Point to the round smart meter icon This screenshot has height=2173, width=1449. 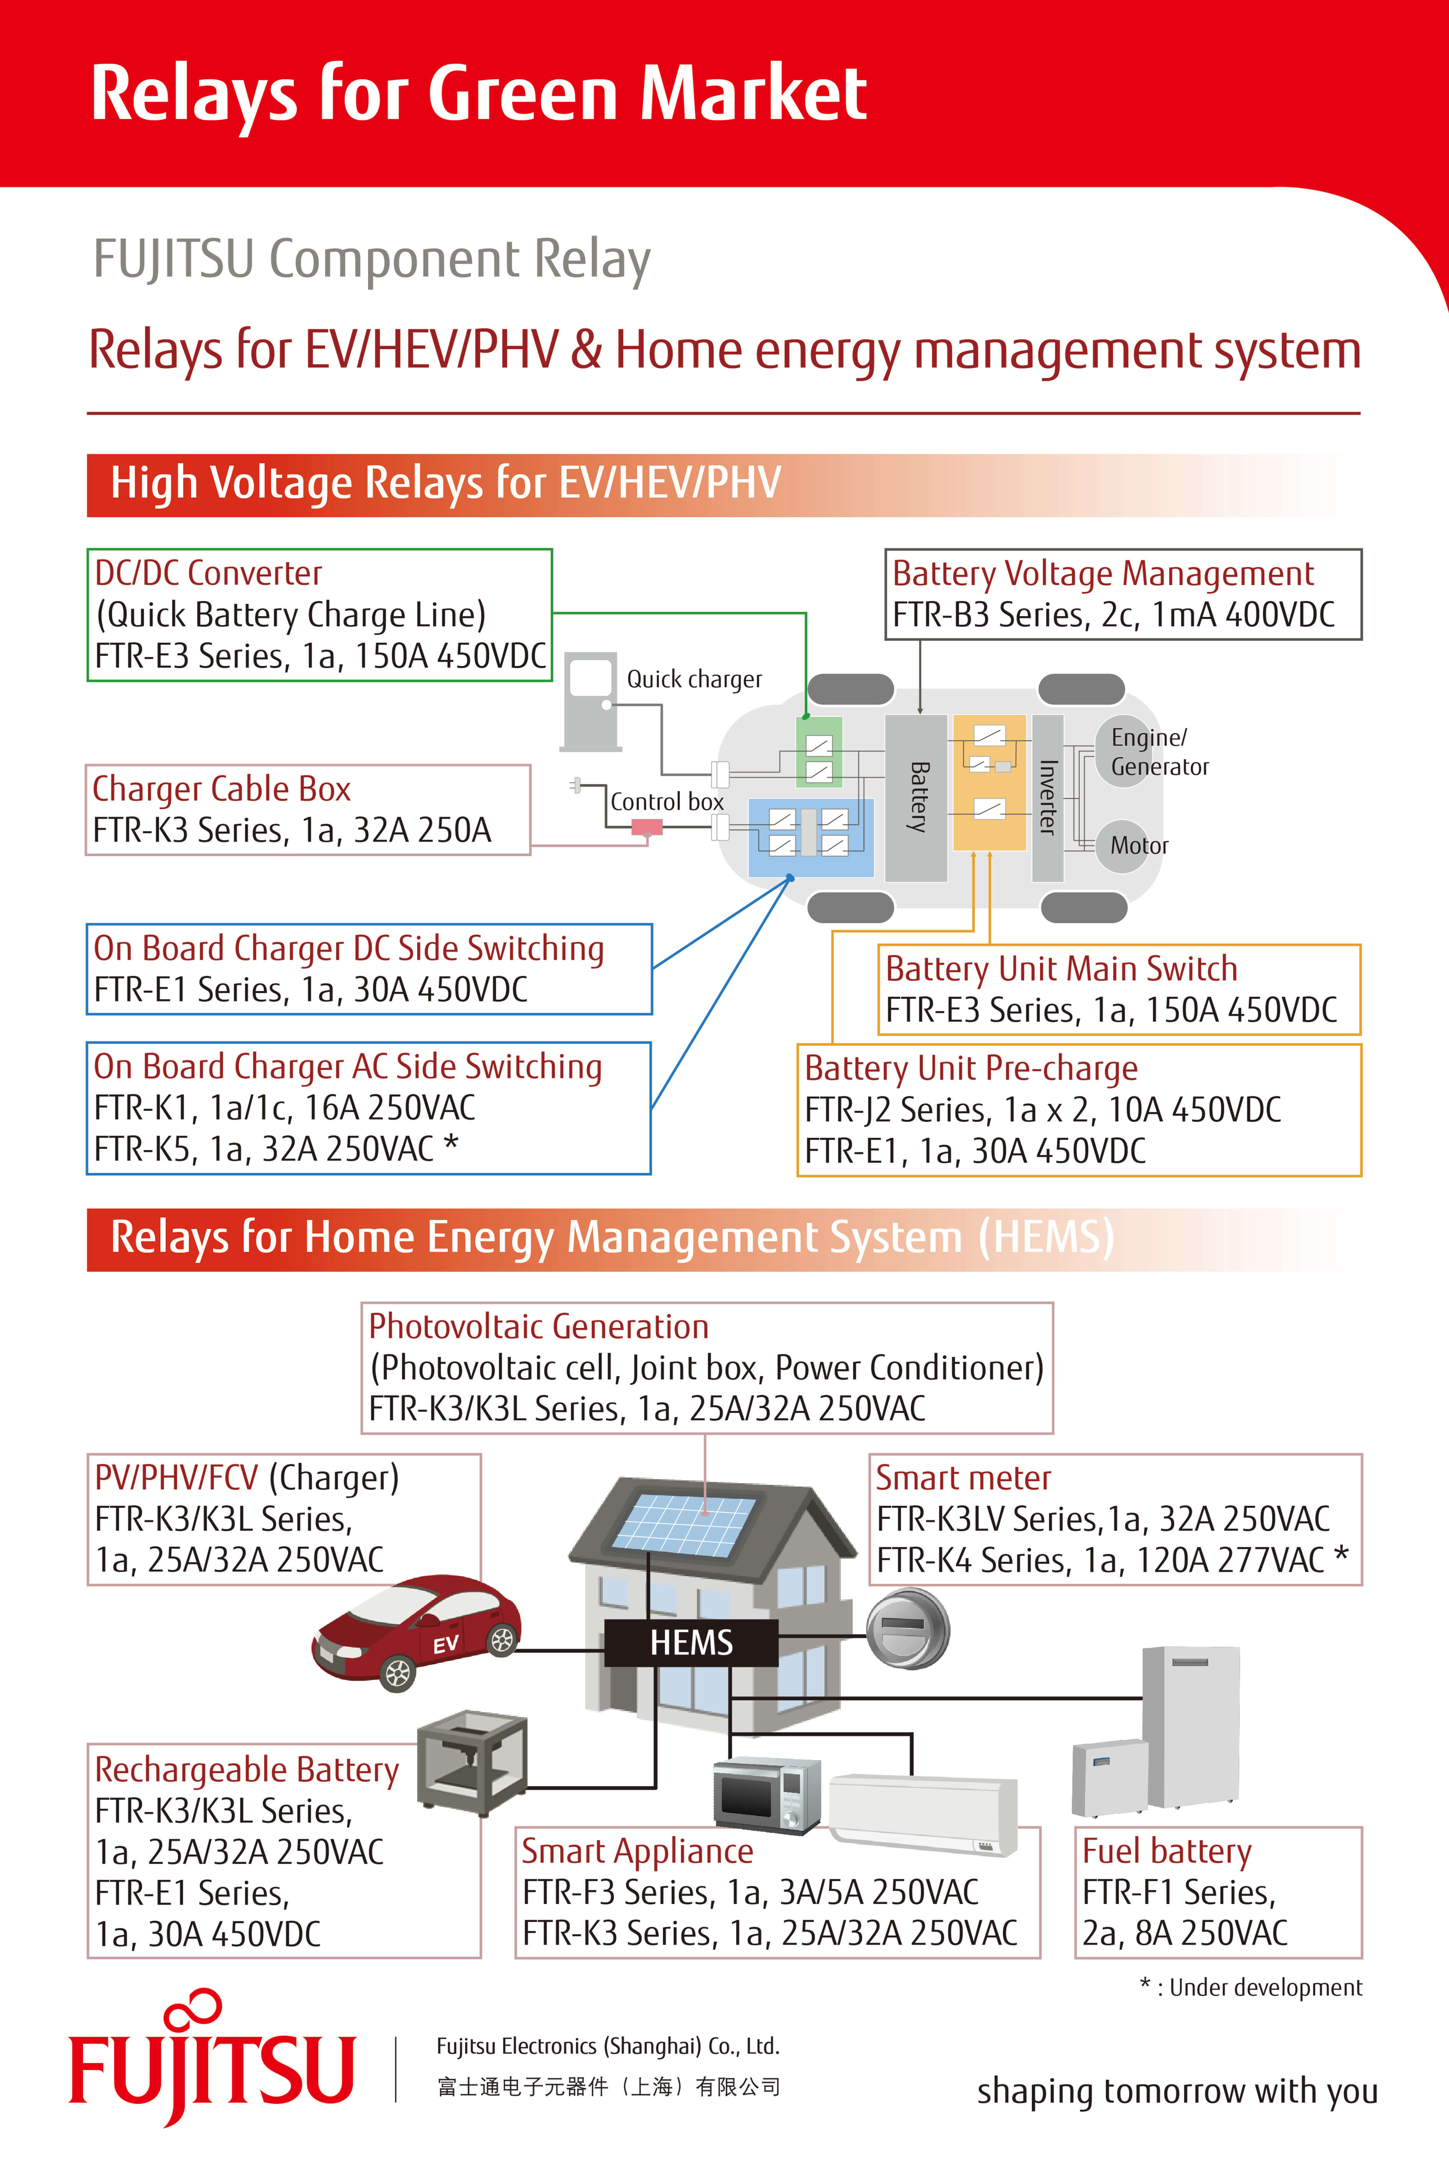[x=907, y=1631]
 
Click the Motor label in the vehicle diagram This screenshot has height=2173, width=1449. [x=1138, y=845]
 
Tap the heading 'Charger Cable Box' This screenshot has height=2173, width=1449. [x=222, y=789]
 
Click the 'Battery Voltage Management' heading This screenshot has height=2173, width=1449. [x=1102, y=574]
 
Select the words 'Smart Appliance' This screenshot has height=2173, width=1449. [x=637, y=1851]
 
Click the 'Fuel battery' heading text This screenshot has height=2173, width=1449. [x=1166, y=1851]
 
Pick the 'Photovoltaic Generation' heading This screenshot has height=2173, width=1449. [x=539, y=1327]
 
